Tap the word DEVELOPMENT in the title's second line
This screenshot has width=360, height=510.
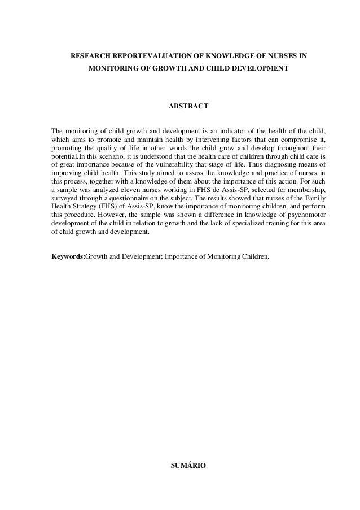[x=258, y=68]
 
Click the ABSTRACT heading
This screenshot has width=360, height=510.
[x=189, y=106]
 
